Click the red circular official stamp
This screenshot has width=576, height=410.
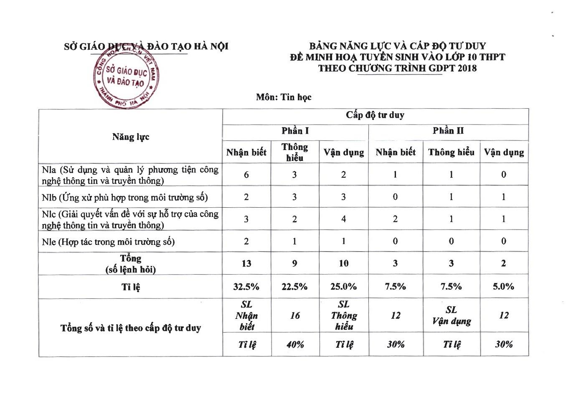pyautogui.click(x=126, y=78)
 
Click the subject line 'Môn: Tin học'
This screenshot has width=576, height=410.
pyautogui.click(x=284, y=97)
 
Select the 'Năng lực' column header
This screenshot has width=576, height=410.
pyautogui.click(x=130, y=137)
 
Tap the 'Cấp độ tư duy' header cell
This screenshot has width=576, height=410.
pyautogui.click(x=375, y=115)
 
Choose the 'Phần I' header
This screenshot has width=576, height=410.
pyautogui.click(x=295, y=131)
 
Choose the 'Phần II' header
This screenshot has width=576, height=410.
pyautogui.click(x=448, y=131)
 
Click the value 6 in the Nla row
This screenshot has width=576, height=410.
pyautogui.click(x=246, y=175)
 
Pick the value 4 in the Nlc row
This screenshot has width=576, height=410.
pyautogui.click(x=343, y=219)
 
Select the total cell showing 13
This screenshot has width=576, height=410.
pyautogui.click(x=246, y=263)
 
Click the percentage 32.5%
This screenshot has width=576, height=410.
pyautogui.click(x=246, y=287)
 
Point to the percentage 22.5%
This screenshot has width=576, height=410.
pyautogui.click(x=295, y=287)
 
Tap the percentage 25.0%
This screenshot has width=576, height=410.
pyautogui.click(x=343, y=287)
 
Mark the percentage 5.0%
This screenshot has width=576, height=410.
pyautogui.click(x=503, y=287)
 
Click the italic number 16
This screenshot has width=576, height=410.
pyautogui.click(x=295, y=316)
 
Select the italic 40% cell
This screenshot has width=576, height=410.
pyautogui.click(x=295, y=344)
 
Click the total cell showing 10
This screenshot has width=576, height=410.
pyautogui.click(x=343, y=263)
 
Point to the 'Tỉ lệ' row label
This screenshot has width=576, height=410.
pyautogui.click(x=130, y=287)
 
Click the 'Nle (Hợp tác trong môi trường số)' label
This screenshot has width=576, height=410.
pyautogui.click(x=108, y=242)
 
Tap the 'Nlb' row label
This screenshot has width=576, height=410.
pyautogui.click(x=125, y=197)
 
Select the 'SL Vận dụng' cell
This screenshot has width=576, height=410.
pyautogui.click(x=451, y=316)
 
